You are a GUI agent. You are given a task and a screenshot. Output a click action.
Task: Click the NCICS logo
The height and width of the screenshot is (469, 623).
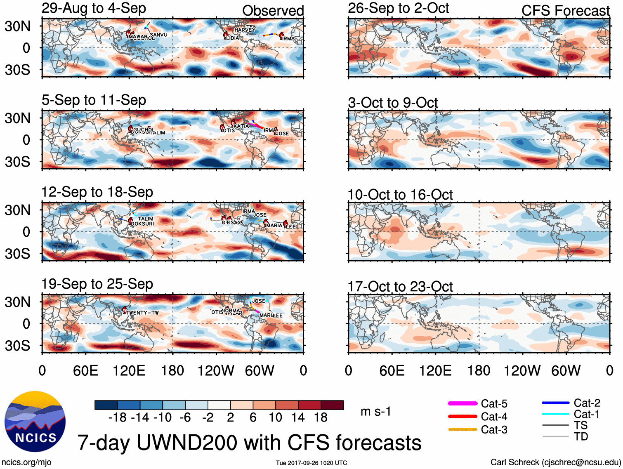coord(35,421)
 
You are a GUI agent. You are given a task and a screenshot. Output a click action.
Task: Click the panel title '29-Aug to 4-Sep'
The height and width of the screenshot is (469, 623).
coord(94,8)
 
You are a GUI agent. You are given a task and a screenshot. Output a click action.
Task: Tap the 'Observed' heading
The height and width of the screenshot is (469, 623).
coord(273,11)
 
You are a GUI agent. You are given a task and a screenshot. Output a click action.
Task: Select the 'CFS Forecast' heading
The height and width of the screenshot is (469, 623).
coord(565,11)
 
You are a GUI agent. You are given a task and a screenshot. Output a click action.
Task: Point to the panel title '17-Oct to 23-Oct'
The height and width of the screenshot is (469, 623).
coord(400,286)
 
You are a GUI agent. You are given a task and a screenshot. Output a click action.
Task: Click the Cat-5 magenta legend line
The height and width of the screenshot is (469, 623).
coord(463,403)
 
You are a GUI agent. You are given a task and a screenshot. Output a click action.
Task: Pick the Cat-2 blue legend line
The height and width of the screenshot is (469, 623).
coord(555,403)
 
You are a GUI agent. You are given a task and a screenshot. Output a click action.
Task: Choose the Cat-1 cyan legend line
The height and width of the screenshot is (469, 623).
coord(555,414)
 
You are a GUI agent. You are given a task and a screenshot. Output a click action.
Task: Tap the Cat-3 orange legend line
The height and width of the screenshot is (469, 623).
coord(463,429)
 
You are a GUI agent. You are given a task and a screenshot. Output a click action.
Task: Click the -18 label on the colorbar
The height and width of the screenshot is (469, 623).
coord(117,417)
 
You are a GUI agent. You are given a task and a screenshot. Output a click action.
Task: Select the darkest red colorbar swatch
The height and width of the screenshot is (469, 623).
coord(332,405)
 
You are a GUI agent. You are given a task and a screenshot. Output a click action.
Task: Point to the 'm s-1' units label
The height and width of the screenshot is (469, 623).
coord(375,411)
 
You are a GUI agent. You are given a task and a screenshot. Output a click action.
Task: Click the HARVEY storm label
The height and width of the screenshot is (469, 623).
coord(245,30)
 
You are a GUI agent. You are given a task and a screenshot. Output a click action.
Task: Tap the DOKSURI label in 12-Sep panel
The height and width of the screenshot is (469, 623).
coord(142,224)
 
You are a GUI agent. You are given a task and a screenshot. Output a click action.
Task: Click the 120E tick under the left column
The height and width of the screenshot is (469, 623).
coord(129,370)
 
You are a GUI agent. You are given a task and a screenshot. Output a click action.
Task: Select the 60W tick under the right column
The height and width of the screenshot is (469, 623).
coord(566,370)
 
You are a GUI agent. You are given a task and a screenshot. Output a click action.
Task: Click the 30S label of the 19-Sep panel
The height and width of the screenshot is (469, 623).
coord(17,346)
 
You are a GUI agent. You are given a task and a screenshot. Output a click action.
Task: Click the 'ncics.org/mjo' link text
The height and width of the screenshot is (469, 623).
coord(26,462)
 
